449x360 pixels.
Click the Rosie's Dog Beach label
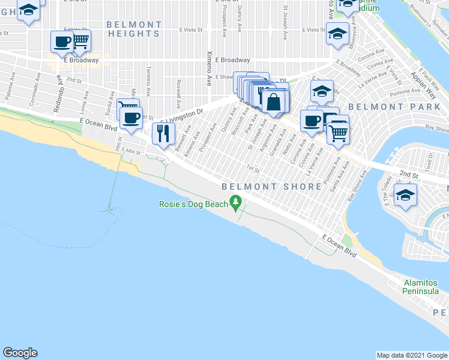click(x=193, y=204)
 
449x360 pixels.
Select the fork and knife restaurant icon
click(x=163, y=133)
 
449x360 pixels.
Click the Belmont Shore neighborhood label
click(x=271, y=187)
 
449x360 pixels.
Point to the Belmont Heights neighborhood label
click(x=134, y=29)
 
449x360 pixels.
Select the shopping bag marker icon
click(x=274, y=102)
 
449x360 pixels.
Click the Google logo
click(x=20, y=353)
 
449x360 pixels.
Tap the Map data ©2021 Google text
click(x=412, y=355)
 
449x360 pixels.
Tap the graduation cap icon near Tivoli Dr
click(x=405, y=196)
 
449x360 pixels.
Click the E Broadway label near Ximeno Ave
click(x=232, y=60)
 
